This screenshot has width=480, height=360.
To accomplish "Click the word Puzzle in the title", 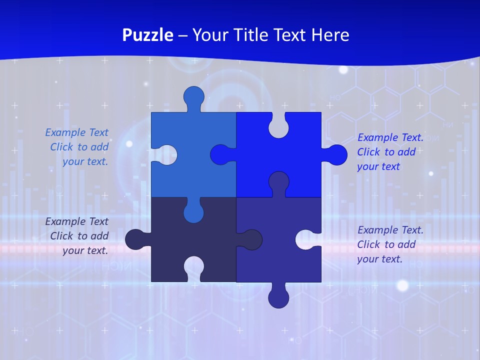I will point(148,35).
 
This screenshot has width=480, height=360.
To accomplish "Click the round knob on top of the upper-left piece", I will point(194,97).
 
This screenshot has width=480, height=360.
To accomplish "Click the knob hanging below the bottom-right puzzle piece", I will point(278,296).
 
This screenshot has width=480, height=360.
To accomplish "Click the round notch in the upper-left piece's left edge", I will point(167,155).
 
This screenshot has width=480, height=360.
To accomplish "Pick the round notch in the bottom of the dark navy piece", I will point(194,268).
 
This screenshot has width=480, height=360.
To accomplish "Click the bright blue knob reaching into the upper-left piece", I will point(222,155).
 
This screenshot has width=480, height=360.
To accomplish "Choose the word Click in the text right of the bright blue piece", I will point(369,152).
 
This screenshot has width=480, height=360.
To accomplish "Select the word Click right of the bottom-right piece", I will point(369,244).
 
